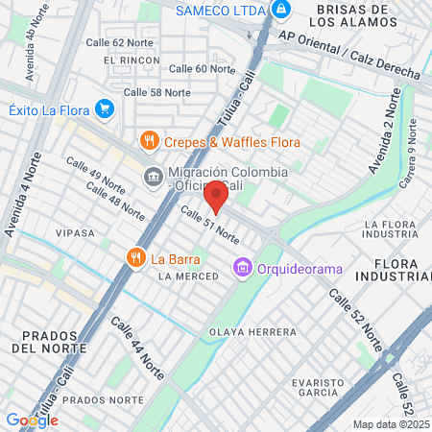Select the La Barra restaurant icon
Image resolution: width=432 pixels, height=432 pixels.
135,257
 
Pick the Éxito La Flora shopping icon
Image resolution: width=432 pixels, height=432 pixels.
106,109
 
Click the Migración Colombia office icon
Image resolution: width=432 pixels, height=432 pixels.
154,178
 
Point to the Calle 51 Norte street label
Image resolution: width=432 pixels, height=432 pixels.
209,224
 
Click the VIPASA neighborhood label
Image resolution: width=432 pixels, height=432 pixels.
76,232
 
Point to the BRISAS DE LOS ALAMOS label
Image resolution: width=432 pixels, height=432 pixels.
369,14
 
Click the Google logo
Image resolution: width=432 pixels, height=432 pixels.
32,420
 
